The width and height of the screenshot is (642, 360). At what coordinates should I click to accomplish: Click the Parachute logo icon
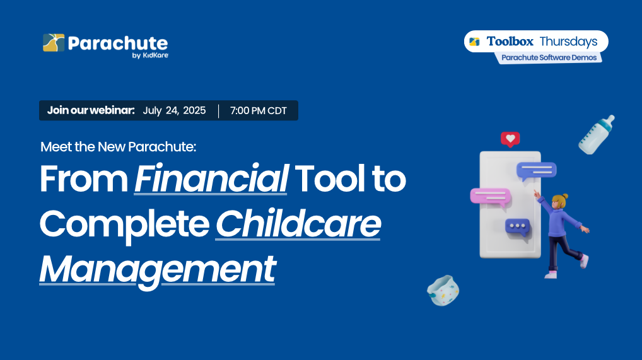[x=54, y=43]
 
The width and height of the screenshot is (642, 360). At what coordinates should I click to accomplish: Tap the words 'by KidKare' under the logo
[x=150, y=55]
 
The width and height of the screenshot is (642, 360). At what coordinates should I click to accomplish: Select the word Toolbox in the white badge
[x=510, y=42]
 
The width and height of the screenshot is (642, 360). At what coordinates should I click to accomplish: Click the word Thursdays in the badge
[x=568, y=42]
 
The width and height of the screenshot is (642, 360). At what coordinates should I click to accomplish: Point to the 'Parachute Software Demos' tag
[x=549, y=58]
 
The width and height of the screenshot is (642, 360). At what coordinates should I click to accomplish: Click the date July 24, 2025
[x=174, y=110]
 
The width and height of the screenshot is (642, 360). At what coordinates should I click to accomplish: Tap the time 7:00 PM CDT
[x=259, y=110]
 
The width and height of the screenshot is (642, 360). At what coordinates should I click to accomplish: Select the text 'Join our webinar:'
[x=91, y=110]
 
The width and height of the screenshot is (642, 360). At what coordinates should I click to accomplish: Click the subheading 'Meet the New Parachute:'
[x=119, y=147]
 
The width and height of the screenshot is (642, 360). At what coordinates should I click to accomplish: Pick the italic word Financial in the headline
[x=211, y=178]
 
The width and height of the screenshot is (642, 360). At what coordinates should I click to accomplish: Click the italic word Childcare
[x=298, y=224]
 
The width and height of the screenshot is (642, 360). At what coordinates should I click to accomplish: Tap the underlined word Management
[x=157, y=269]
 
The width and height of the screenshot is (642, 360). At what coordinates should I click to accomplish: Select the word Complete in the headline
[x=124, y=225]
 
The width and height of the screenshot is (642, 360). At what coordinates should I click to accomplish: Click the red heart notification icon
[x=510, y=139]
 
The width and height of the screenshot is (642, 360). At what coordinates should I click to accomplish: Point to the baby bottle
[x=596, y=134]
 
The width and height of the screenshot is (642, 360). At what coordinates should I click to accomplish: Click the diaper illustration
[x=443, y=291]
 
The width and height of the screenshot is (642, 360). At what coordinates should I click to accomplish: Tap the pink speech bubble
[x=491, y=197]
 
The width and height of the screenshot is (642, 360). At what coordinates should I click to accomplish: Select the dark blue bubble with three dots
[x=518, y=227]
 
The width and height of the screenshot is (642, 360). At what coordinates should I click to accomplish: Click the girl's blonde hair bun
[x=566, y=196]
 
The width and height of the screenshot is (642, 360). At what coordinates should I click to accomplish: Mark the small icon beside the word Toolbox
[x=474, y=42]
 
